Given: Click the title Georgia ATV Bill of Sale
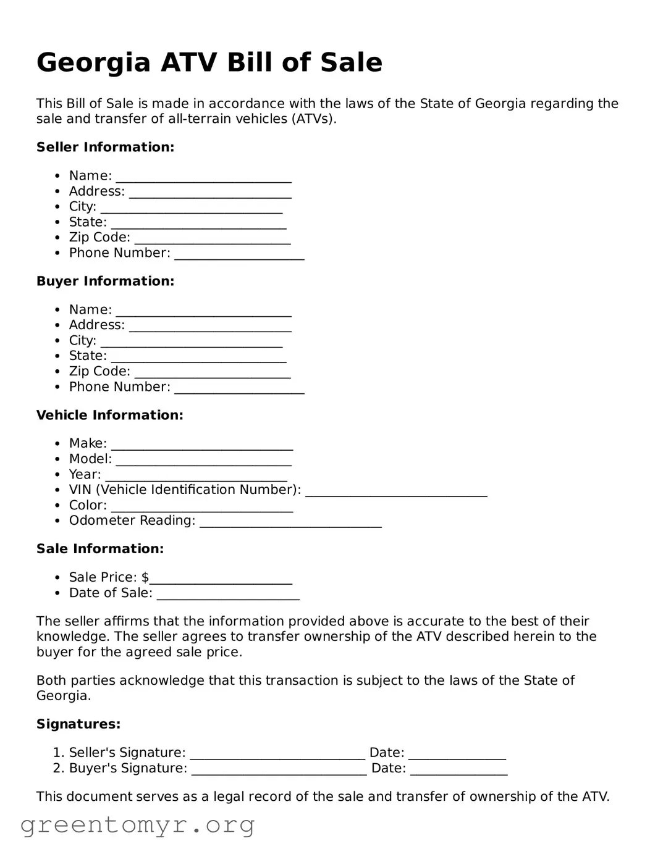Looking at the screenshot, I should click(x=209, y=62).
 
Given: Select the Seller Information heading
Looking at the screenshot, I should click(x=105, y=147).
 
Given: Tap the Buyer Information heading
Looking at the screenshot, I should click(x=105, y=281).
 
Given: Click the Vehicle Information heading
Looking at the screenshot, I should click(x=109, y=415).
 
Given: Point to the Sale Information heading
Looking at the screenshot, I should click(x=100, y=549).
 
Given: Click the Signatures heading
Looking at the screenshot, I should click(x=78, y=724).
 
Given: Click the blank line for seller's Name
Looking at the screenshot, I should click(x=203, y=177).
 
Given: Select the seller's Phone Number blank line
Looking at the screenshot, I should click(x=239, y=254).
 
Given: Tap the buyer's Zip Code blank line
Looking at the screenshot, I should click(x=212, y=373).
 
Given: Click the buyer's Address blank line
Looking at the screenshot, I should click(x=210, y=327).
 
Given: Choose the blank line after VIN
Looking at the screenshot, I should click(x=396, y=491).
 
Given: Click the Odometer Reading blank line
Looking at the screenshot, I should click(x=290, y=522).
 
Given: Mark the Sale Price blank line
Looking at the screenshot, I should click(x=221, y=579).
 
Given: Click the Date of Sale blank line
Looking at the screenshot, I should click(x=228, y=595).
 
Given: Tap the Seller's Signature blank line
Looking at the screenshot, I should click(x=277, y=754).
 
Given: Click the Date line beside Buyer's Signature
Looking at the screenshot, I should click(x=458, y=770).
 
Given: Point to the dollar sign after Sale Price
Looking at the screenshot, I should click(x=145, y=577).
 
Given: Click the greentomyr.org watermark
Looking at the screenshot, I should click(x=137, y=825).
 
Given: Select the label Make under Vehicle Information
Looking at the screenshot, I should click(x=87, y=443).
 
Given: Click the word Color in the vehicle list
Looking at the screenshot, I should click(x=87, y=505).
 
